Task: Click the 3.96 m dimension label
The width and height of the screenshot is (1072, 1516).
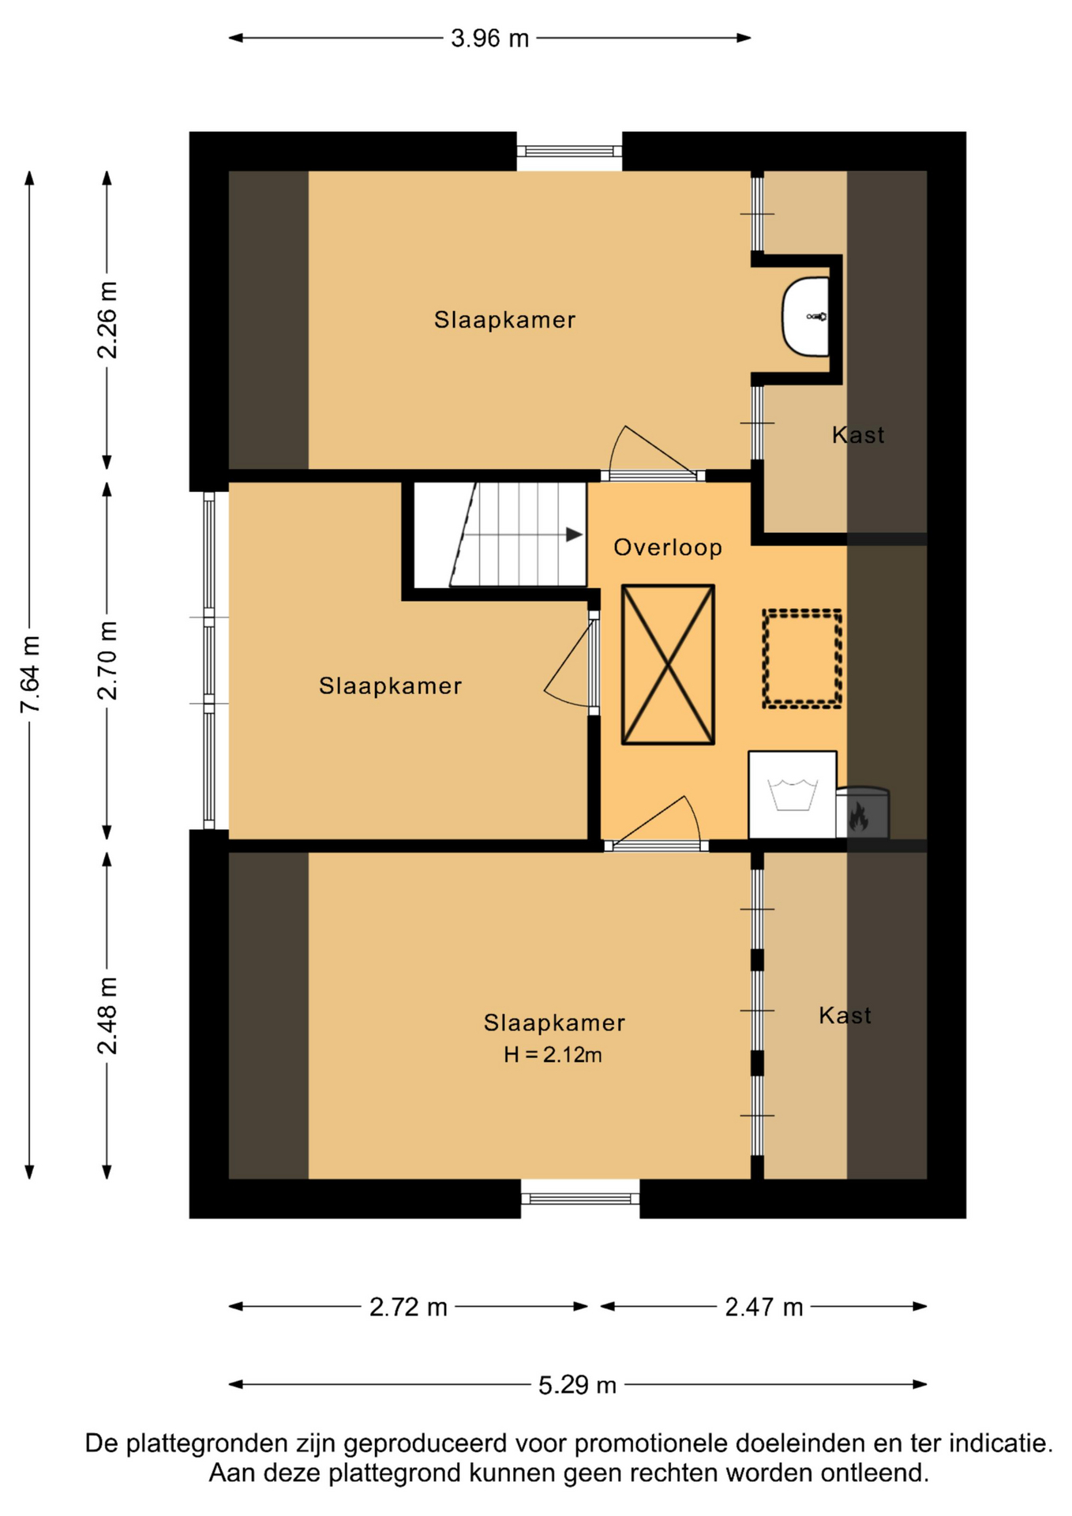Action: click(x=489, y=38)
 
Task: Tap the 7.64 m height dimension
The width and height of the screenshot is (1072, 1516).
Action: click(x=30, y=675)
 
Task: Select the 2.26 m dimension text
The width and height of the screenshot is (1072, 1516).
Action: click(x=107, y=320)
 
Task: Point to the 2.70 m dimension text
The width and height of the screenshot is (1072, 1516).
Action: click(x=107, y=661)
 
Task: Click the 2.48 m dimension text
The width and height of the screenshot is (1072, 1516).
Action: click(x=107, y=1015)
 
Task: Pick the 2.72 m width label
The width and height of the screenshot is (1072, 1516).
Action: click(x=408, y=1308)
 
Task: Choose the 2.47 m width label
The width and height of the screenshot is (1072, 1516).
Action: click(x=764, y=1308)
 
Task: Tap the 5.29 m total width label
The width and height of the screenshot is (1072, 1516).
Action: click(x=577, y=1385)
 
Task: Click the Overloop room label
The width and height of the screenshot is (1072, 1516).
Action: click(x=668, y=547)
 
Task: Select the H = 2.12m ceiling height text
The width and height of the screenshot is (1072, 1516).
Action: click(x=553, y=1054)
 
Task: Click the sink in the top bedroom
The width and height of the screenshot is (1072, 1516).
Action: click(x=806, y=317)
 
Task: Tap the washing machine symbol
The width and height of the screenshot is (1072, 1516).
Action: click(x=793, y=794)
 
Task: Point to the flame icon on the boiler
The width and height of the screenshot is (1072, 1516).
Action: click(x=859, y=817)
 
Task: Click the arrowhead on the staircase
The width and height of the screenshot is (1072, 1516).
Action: click(x=575, y=535)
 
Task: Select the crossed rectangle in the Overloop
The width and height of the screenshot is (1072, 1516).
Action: click(x=668, y=664)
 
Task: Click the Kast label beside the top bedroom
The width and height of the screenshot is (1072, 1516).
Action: click(x=858, y=435)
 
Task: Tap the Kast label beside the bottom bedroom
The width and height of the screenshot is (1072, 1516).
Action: click(x=845, y=1015)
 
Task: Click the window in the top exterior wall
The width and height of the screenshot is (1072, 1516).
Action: click(x=569, y=151)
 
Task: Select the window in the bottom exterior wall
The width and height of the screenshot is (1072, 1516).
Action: click(x=580, y=1199)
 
